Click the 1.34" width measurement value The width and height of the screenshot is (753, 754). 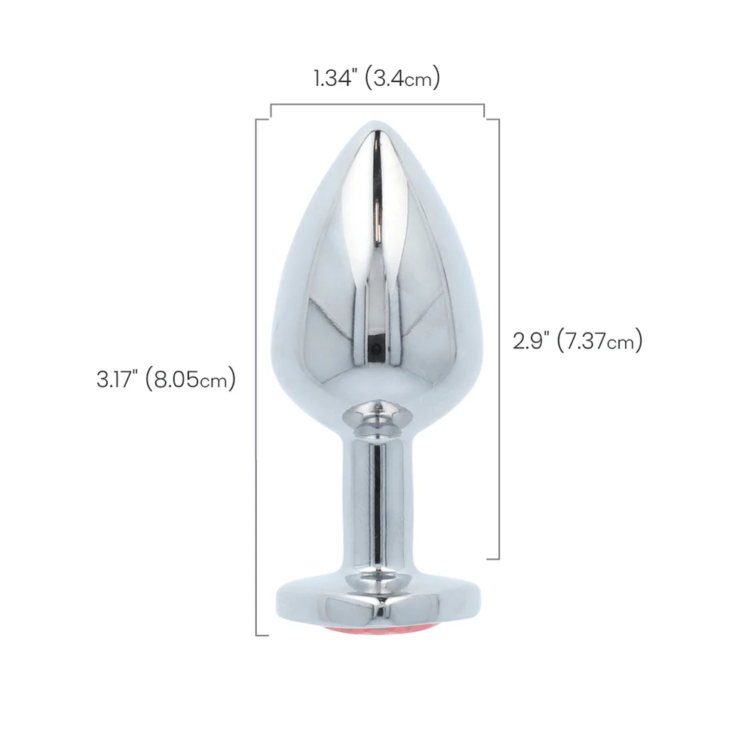(333, 78)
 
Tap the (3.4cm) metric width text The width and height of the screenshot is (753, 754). (403, 78)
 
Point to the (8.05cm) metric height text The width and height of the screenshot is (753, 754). (190, 379)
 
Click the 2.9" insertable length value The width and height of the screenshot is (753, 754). (531, 341)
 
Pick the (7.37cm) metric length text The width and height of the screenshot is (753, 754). (600, 341)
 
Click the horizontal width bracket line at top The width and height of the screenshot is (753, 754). (378, 104)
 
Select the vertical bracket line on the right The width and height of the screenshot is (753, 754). (499, 339)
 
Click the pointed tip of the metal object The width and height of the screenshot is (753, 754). (377, 122)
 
